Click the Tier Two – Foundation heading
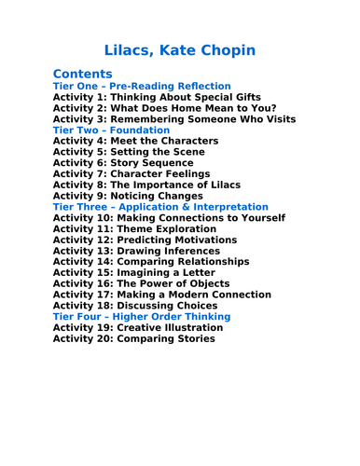pyautogui.click(x=112, y=130)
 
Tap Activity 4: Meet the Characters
pyautogui.click(x=135, y=141)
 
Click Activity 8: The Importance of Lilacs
pyautogui.click(x=153, y=185)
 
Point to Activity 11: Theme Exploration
pyautogui.click(x=139, y=240)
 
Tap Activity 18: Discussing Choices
pyautogui.click(x=135, y=306)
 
